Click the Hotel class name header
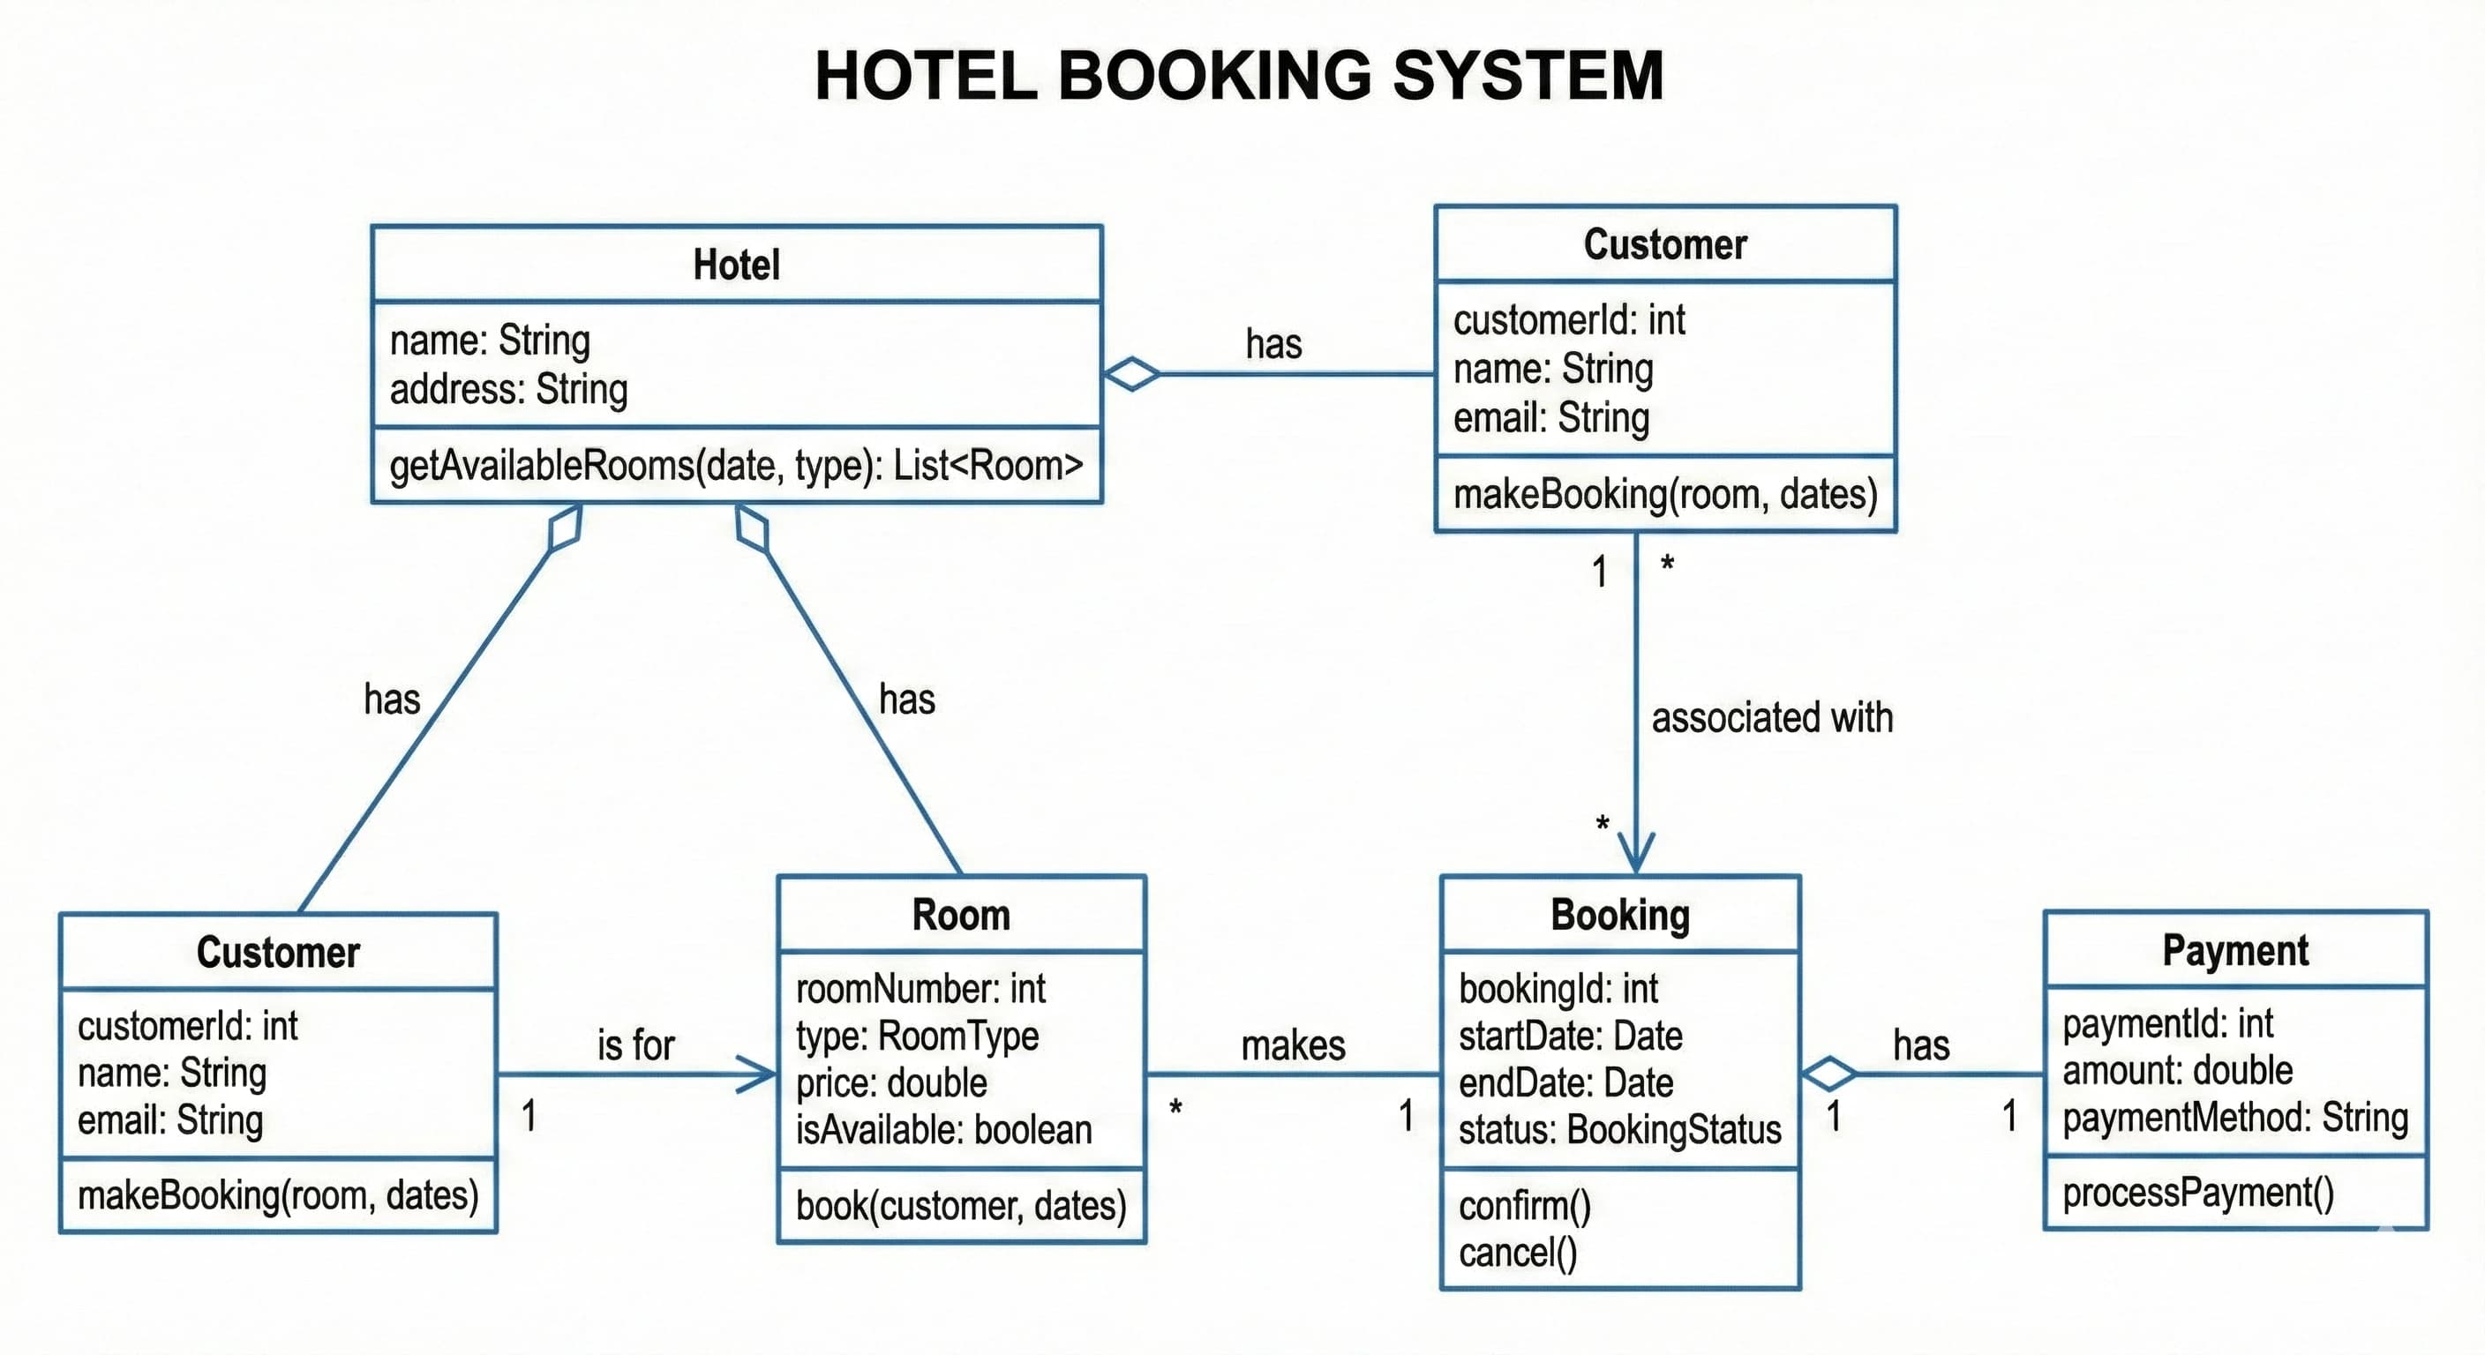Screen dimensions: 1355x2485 click(x=736, y=265)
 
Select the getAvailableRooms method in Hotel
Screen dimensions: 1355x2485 click(x=736, y=466)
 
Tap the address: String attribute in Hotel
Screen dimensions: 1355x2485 click(x=508, y=390)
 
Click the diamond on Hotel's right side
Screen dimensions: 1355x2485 click(x=1131, y=373)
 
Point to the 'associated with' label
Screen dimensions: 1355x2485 click(x=1771, y=718)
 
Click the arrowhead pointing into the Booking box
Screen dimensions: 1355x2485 click(x=1636, y=854)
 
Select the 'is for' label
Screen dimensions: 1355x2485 click(x=635, y=1045)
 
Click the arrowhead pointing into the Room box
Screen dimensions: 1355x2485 click(x=757, y=1074)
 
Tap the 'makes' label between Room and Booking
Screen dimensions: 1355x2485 click(x=1293, y=1045)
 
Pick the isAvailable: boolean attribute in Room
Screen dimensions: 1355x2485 click(x=943, y=1130)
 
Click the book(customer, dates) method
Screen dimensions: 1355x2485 click(x=961, y=1207)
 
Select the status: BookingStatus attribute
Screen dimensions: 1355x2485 click(x=1619, y=1130)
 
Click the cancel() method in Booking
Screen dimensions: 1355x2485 click(x=1518, y=1254)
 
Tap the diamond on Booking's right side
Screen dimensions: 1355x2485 click(x=1829, y=1074)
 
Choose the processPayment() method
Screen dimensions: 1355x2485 click(x=2197, y=1194)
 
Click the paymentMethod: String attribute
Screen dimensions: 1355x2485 click(x=2235, y=1118)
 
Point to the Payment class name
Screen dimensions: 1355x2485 click(x=2235, y=951)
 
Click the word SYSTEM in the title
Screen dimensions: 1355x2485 click(x=1528, y=75)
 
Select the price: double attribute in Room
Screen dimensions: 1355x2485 click(x=891, y=1083)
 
